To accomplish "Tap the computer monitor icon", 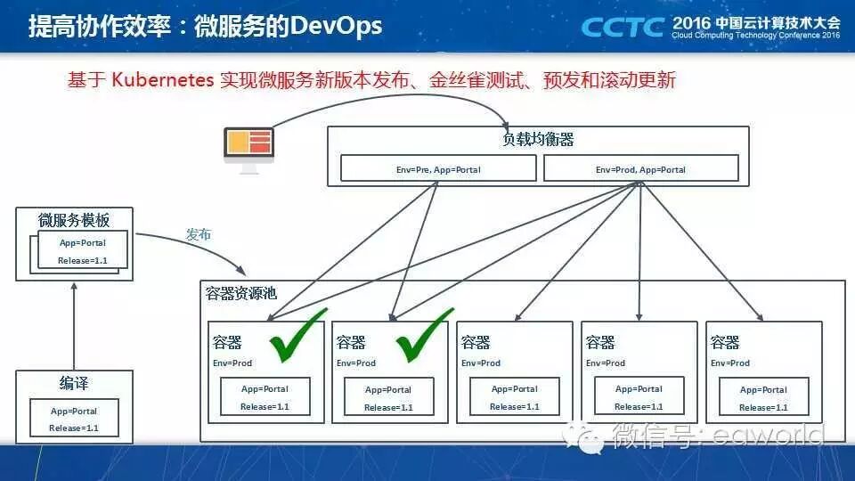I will click(x=248, y=148).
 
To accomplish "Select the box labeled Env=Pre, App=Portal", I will click(x=438, y=168).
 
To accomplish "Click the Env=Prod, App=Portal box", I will click(x=640, y=168).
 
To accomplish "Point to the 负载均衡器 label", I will click(x=538, y=140).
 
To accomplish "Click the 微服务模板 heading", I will click(x=74, y=220).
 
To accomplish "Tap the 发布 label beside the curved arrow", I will click(x=199, y=235).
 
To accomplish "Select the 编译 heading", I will click(x=74, y=384).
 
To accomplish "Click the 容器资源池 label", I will click(x=240, y=293).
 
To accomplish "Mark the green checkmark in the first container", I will click(x=298, y=336).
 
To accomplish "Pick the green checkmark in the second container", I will click(x=424, y=336).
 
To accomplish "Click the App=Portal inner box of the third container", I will click(x=515, y=397).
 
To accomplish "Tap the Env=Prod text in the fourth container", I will click(x=606, y=363).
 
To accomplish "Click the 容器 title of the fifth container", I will click(x=725, y=342).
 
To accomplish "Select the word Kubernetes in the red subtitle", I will click(x=163, y=80).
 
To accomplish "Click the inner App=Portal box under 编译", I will click(x=74, y=420).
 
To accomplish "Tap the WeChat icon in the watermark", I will click(x=590, y=436).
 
